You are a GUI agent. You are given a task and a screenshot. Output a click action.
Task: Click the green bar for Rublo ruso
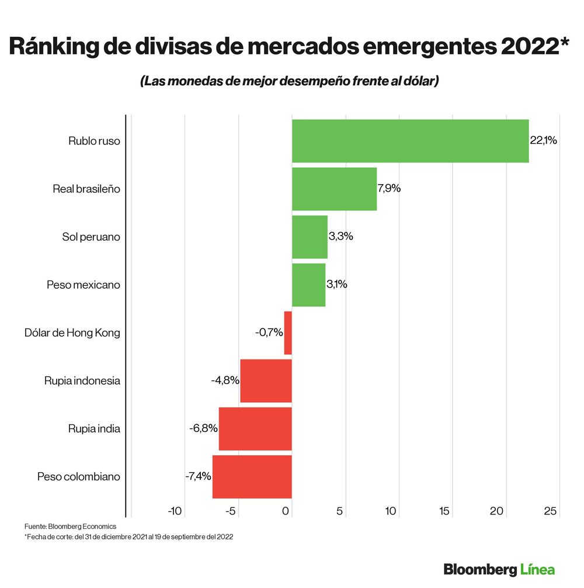click(410, 141)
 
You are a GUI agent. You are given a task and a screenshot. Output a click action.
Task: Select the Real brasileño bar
click(334, 189)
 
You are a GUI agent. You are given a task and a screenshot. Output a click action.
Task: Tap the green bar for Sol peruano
click(310, 237)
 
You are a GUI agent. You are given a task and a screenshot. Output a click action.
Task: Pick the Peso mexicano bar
click(308, 285)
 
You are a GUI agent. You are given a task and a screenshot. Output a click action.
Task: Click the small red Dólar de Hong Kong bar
click(288, 333)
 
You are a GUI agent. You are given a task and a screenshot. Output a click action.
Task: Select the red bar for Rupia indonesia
click(266, 381)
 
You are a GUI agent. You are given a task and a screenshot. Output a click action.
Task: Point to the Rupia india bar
click(255, 428)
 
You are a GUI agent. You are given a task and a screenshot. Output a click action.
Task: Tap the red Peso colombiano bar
click(252, 476)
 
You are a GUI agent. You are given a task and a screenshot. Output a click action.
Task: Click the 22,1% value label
click(544, 140)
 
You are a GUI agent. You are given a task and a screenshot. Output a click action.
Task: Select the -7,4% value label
click(197, 476)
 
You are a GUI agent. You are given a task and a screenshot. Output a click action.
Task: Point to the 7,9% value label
click(390, 189)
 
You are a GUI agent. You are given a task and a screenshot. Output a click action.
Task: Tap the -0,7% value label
click(269, 333)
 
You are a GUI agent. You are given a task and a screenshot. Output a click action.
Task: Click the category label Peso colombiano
click(79, 477)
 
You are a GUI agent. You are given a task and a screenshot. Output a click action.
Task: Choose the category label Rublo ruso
click(94, 141)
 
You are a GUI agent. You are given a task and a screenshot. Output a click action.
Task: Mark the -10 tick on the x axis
click(175, 511)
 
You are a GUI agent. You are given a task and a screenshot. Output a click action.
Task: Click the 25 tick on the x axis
click(550, 511)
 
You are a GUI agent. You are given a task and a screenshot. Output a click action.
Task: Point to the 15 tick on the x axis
click(444, 511)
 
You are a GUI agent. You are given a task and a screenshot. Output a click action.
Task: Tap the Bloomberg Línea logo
click(499, 569)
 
